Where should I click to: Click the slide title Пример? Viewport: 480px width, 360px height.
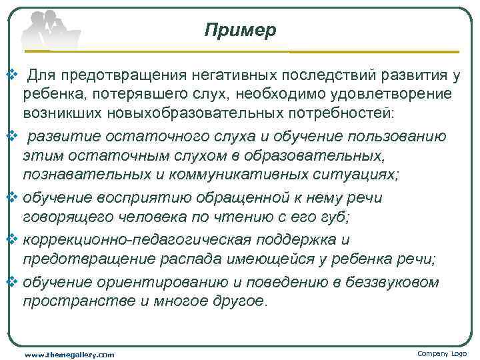[x=240, y=30]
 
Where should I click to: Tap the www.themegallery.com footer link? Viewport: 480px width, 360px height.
[x=69, y=355]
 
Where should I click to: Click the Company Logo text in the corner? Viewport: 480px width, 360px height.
[x=442, y=353]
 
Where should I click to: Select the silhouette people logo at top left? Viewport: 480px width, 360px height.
[x=50, y=30]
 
